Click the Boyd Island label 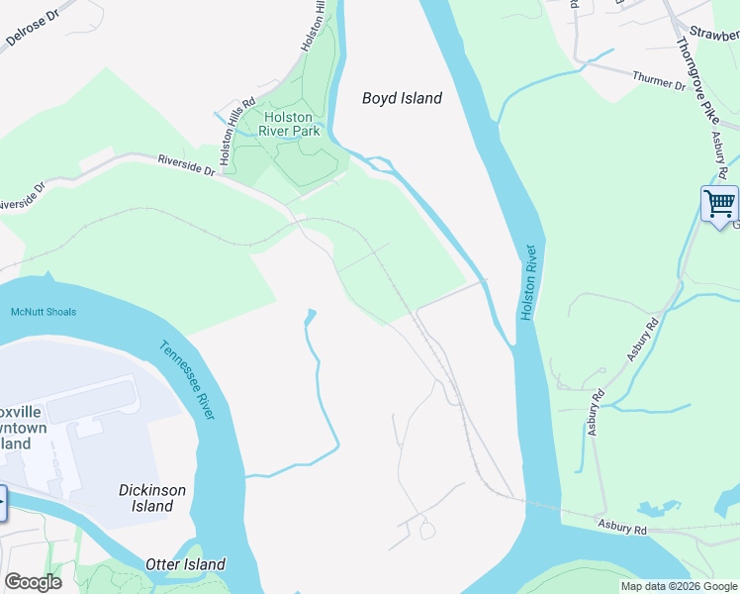402,98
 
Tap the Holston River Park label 290,123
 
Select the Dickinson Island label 152,498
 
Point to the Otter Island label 185,564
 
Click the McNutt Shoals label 44,312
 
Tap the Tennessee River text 187,379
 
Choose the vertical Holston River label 528,281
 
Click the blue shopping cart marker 719,204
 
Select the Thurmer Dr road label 658,80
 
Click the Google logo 33,582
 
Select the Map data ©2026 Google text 679,586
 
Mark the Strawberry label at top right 714,34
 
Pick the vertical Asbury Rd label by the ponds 596,413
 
